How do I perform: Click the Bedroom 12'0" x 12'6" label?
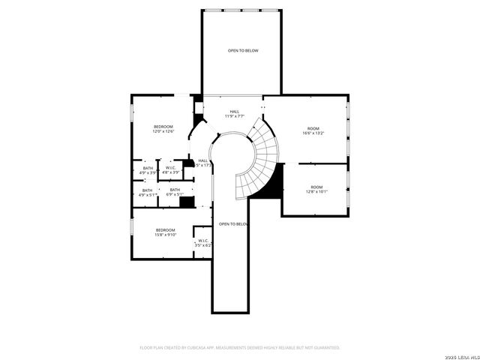tap(163, 129)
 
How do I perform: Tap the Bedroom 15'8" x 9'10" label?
tap(166, 232)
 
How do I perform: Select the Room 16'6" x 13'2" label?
tap(313, 131)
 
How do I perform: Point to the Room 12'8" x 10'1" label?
tap(316, 189)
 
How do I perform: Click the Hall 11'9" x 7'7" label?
tap(235, 114)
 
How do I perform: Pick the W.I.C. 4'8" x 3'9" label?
tap(170, 170)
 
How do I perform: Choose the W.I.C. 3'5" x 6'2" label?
tap(203, 243)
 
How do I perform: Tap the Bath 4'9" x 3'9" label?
tap(148, 170)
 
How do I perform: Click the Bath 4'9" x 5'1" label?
tap(148, 193)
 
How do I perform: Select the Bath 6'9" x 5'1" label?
tap(175, 193)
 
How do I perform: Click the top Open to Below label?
tap(243, 50)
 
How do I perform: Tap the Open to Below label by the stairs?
tap(233, 223)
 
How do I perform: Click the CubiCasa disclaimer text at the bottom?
tap(240, 348)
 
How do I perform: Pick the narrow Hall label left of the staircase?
tap(203, 163)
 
